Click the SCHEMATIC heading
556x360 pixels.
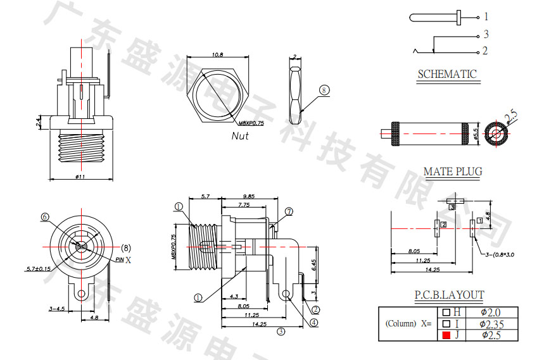pyautogui.click(x=446, y=74)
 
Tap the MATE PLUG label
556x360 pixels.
pyautogui.click(x=452, y=171)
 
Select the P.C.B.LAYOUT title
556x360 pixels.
pyautogui.click(x=449, y=295)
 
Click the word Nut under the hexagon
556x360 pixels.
pyautogui.click(x=240, y=135)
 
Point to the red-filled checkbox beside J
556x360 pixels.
pyautogui.click(x=446, y=335)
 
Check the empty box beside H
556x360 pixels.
pyautogui.click(x=446, y=312)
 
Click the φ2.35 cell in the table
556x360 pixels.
pyautogui.click(x=492, y=323)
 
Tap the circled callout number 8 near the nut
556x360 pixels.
pyautogui.click(x=324, y=90)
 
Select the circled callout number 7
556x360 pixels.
pyautogui.click(x=289, y=212)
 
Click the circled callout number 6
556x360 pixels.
pyautogui.click(x=44, y=217)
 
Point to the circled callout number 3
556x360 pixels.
pyautogui.click(x=281, y=330)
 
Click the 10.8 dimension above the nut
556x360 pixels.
pyautogui.click(x=217, y=55)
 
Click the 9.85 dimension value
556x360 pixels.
pyautogui.click(x=249, y=197)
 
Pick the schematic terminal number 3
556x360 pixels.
pyautogui.click(x=486, y=35)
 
